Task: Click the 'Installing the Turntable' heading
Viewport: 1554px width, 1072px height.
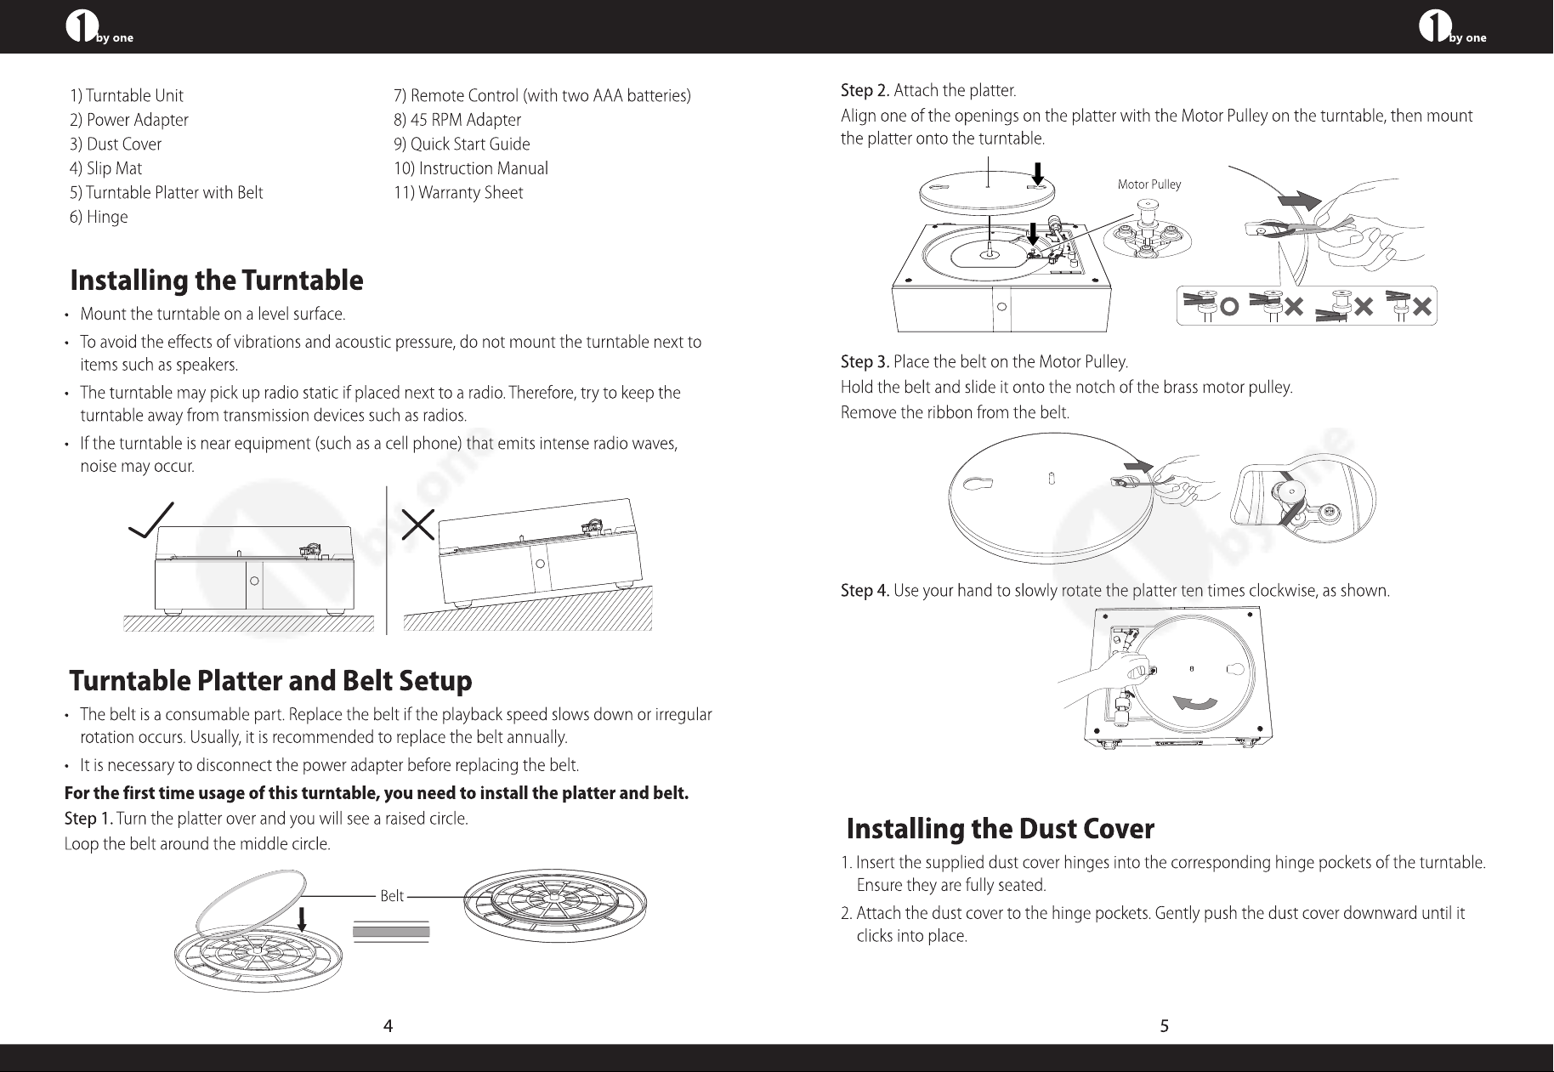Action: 217,280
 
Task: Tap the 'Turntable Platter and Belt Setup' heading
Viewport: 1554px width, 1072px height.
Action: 270,681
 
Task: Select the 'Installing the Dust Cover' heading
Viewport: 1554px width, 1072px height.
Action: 1001,828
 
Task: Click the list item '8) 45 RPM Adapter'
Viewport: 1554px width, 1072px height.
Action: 457,120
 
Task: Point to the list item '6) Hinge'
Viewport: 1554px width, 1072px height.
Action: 99,217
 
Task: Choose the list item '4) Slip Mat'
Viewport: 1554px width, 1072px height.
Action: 106,168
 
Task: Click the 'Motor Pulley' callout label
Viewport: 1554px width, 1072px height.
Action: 1149,184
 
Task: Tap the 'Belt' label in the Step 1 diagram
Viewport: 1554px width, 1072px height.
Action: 392,896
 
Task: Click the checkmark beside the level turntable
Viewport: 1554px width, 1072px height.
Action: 152,519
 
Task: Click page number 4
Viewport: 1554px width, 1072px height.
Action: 388,1026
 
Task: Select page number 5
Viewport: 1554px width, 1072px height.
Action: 1165,1026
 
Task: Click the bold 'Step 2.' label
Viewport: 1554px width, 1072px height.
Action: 865,91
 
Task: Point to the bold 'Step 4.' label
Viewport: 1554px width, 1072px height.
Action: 865,591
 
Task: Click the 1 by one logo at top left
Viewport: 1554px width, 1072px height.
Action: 99,28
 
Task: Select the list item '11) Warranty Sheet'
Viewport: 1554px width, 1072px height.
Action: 458,193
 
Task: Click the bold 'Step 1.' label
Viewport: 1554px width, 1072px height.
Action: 89,820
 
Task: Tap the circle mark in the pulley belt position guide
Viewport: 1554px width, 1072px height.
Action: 1229,307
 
